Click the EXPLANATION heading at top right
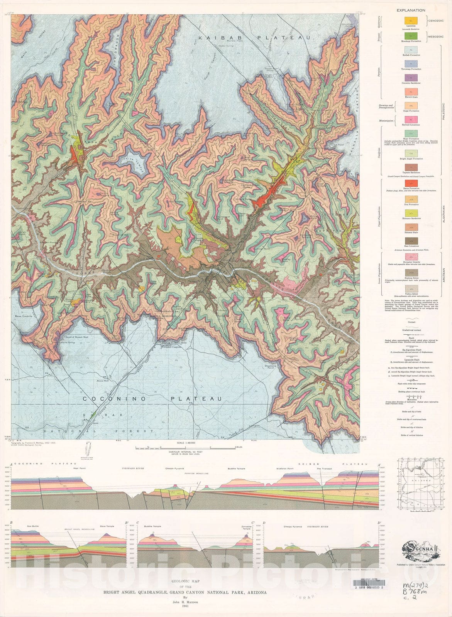[x=411, y=10]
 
